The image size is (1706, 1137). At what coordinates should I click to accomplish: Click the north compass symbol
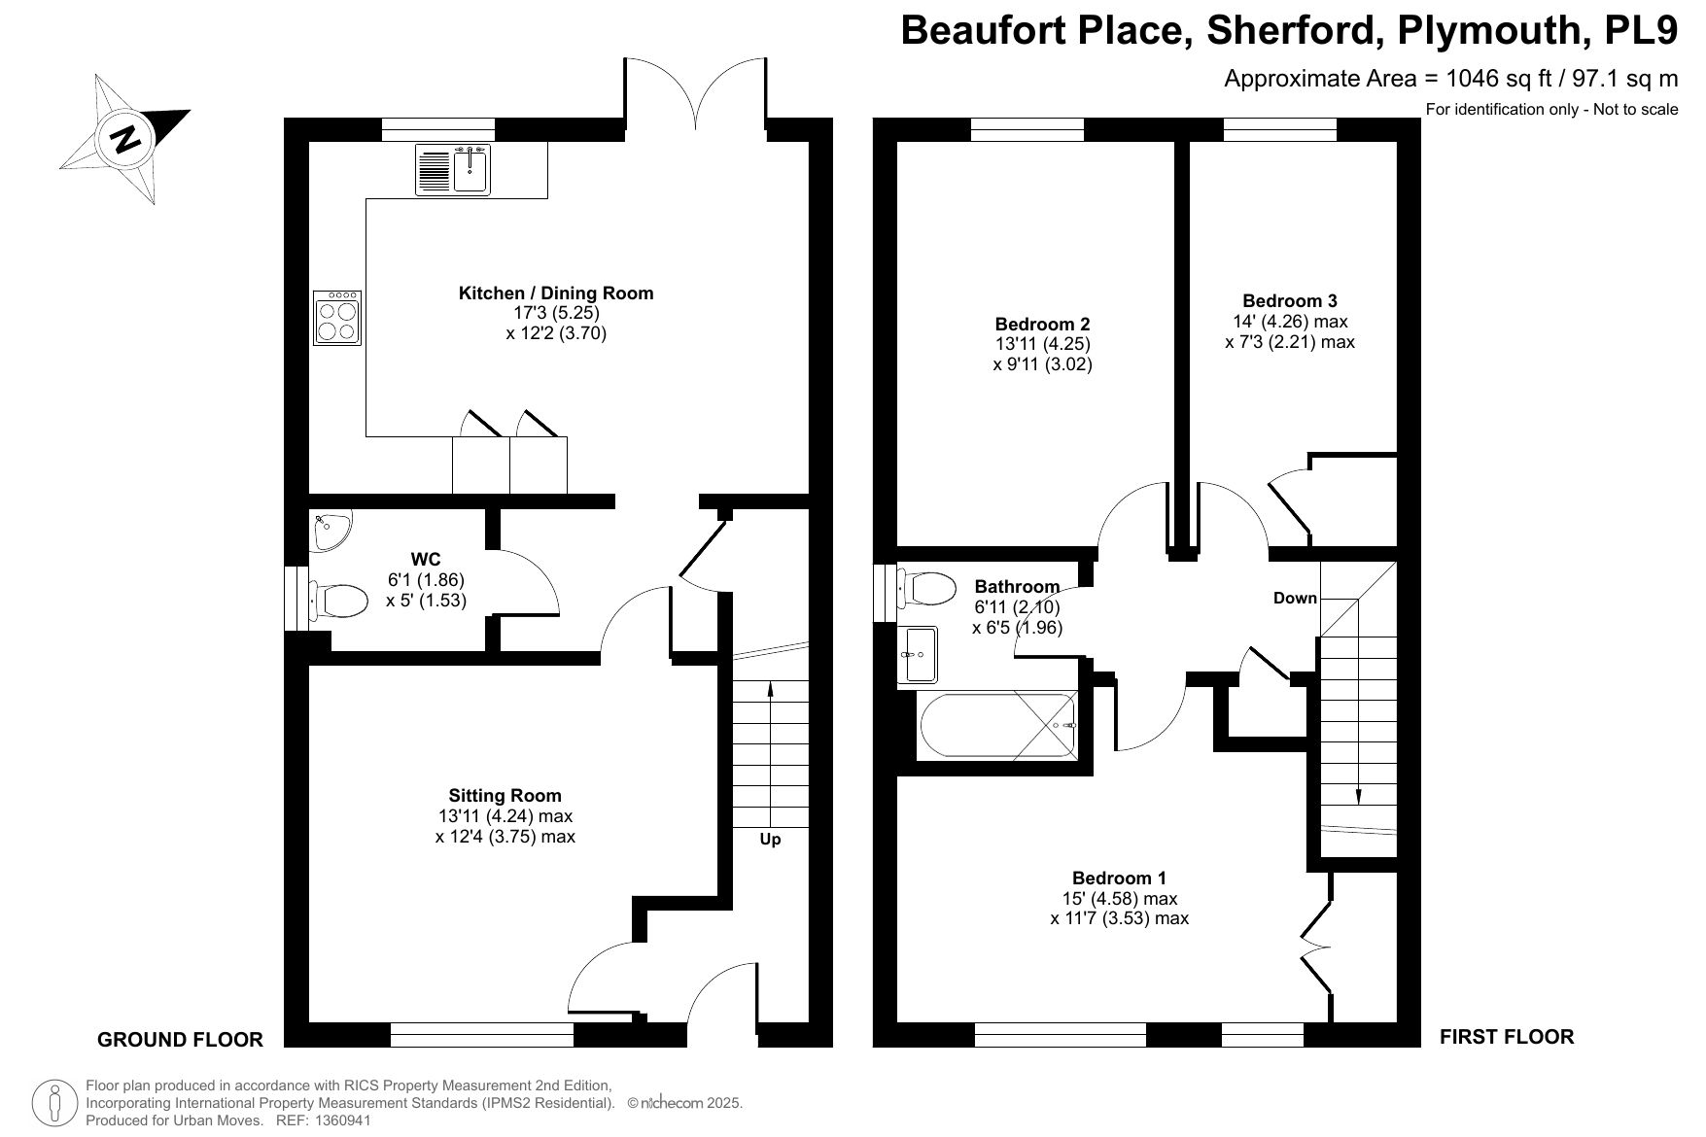[125, 139]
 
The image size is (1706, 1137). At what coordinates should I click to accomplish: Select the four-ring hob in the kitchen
[337, 318]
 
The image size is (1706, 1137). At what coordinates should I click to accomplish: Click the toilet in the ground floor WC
[337, 601]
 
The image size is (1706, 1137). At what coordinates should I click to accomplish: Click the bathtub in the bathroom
[997, 726]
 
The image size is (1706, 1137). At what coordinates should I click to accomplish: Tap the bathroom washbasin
[920, 654]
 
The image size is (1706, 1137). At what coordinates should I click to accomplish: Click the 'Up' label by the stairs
[770, 840]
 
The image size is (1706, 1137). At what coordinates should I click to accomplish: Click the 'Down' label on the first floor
[1295, 598]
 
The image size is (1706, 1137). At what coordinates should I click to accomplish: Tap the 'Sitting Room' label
[505, 795]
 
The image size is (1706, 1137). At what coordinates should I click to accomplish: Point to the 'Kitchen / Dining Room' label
[556, 293]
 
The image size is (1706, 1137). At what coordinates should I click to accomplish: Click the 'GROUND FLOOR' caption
[180, 1040]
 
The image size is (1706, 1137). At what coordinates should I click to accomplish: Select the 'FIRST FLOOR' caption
[1507, 1037]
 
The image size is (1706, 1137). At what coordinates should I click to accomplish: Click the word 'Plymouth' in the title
[1485, 30]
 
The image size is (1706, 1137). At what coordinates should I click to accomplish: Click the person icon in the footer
[55, 1103]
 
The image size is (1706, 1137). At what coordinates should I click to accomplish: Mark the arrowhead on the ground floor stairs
[771, 689]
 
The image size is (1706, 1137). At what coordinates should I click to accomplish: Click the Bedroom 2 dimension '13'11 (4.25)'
[1042, 344]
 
